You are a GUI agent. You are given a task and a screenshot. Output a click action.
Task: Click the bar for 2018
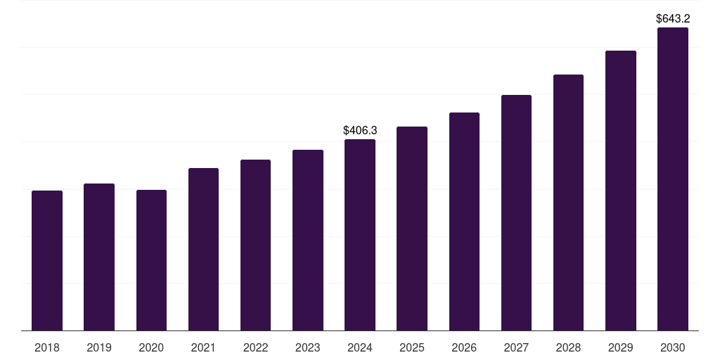[x=47, y=260]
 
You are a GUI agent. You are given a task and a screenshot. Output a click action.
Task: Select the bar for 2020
[x=151, y=260]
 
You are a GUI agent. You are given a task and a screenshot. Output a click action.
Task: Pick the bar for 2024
[x=360, y=235]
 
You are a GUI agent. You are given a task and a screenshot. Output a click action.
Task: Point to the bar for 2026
[x=464, y=221]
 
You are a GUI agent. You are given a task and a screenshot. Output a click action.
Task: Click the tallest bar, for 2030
[x=673, y=179]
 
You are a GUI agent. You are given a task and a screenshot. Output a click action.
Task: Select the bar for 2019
[x=99, y=257]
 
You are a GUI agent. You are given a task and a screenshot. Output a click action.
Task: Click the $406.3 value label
[x=360, y=130]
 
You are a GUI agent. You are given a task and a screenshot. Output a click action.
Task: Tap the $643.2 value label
[x=673, y=18]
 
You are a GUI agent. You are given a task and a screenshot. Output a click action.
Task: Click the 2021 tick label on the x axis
[x=203, y=347]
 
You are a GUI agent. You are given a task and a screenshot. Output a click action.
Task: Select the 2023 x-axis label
[x=308, y=347]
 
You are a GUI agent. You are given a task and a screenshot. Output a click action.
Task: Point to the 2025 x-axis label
[x=412, y=347]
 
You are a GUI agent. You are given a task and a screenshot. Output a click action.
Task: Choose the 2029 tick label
[x=621, y=347]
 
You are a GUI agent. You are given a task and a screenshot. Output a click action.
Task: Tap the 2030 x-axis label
[x=673, y=347]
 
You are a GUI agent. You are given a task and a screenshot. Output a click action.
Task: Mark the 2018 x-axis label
[x=47, y=347]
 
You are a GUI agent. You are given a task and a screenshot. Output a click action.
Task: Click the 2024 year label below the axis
[x=360, y=347]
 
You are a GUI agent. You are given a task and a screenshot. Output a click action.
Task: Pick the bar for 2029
[x=621, y=191]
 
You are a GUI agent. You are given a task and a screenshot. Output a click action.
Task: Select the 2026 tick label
[x=464, y=347]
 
